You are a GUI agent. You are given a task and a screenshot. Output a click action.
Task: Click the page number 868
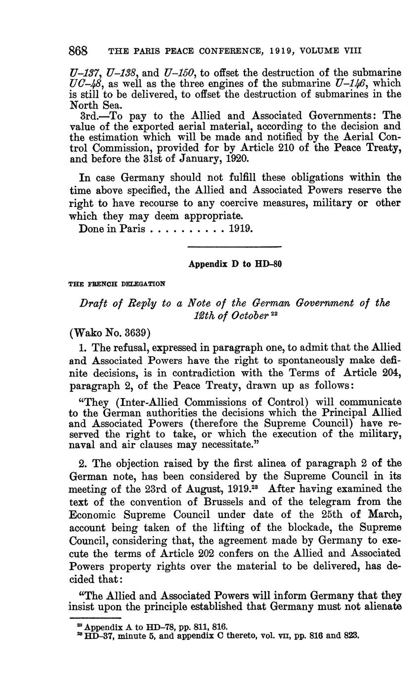(x=78, y=51)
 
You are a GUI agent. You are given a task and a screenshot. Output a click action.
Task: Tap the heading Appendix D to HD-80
(x=235, y=264)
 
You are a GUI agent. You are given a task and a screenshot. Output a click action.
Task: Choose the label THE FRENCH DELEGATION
(x=117, y=284)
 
